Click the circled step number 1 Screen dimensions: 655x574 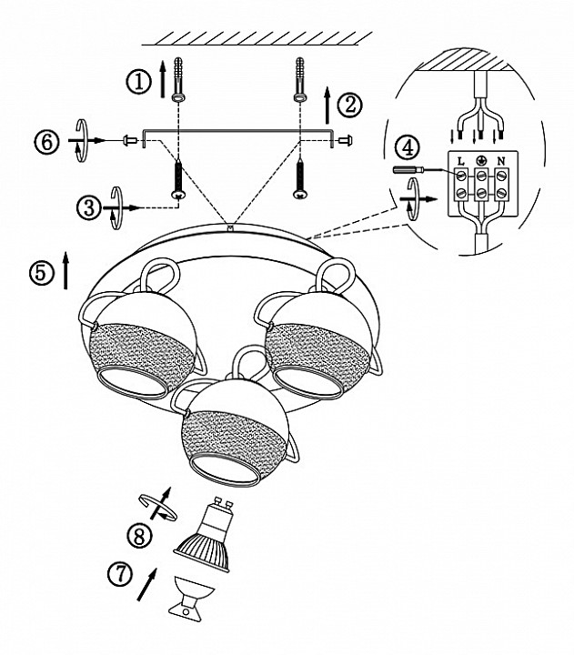pyautogui.click(x=138, y=82)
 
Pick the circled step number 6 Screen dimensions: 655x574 pyautogui.click(x=45, y=141)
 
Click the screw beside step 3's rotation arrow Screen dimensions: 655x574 pyautogui.click(x=179, y=176)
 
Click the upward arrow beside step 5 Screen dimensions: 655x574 pyautogui.click(x=65, y=271)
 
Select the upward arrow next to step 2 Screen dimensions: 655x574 pyautogui.click(x=328, y=106)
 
